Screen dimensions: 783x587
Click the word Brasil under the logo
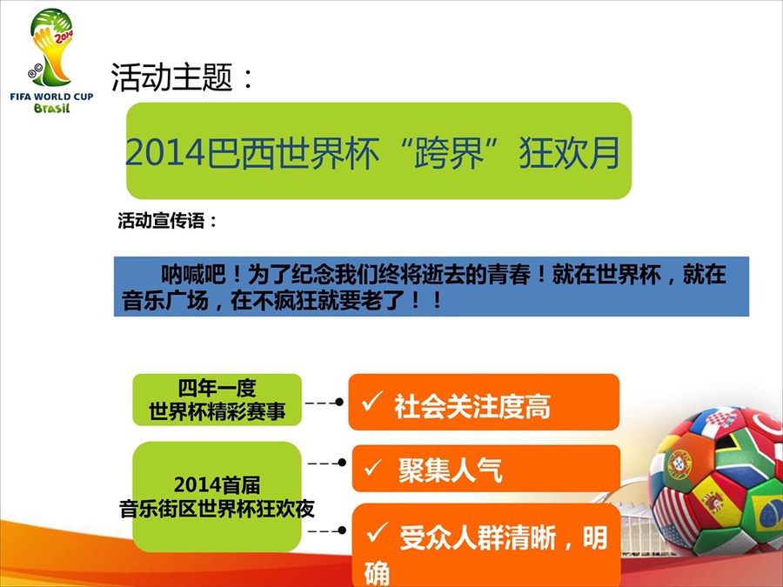tap(51, 108)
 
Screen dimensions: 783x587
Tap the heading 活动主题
tap(171, 77)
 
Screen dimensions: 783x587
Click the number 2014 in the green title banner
tap(165, 152)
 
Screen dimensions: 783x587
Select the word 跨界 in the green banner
tap(449, 152)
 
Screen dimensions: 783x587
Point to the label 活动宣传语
tap(161, 221)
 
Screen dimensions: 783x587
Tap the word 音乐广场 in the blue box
tap(164, 301)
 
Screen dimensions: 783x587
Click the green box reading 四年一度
tap(217, 400)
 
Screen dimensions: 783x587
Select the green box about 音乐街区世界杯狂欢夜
tap(217, 497)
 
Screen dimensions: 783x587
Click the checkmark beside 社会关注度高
tap(372, 401)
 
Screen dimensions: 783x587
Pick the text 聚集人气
tap(450, 470)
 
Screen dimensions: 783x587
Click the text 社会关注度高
tap(472, 406)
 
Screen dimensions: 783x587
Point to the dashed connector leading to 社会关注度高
tap(325, 403)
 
